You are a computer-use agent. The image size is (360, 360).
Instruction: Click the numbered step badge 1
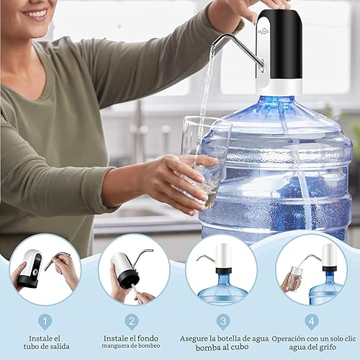click(x=45, y=321)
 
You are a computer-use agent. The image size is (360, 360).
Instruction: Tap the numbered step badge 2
click(x=131, y=321)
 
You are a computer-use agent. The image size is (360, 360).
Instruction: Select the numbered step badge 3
click(x=224, y=321)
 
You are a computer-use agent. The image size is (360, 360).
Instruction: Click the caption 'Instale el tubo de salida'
click(x=45, y=343)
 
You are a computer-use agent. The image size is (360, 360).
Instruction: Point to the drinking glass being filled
click(x=202, y=155)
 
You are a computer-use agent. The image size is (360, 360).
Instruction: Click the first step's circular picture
click(x=45, y=269)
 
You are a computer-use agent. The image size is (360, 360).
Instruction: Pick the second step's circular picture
click(x=134, y=269)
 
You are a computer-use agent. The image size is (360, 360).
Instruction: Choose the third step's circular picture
click(x=221, y=269)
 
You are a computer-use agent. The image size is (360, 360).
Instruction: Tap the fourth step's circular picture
click(x=310, y=269)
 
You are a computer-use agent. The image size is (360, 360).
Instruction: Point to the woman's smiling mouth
click(x=35, y=14)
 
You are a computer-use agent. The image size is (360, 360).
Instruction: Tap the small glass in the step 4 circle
click(x=295, y=277)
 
